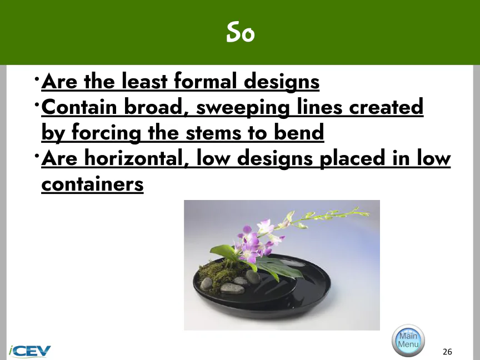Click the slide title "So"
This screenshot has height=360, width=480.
click(x=241, y=32)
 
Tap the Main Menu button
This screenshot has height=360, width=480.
click(x=408, y=340)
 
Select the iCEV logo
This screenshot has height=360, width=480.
click(x=29, y=351)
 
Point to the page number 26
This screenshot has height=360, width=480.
click(x=447, y=352)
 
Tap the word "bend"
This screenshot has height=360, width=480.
click(x=299, y=132)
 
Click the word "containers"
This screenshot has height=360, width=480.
click(x=92, y=184)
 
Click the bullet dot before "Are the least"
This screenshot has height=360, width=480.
click(x=37, y=79)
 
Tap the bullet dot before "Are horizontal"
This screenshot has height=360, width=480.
click(x=37, y=156)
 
